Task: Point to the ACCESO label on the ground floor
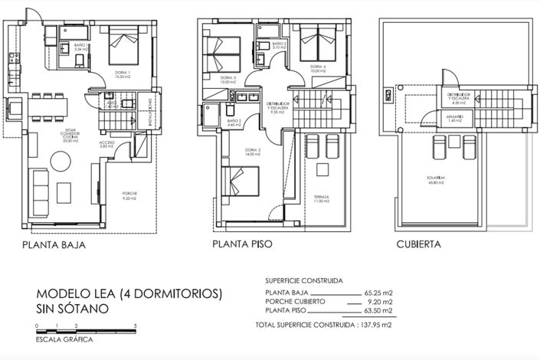(107, 143)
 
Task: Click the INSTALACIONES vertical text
(149, 121)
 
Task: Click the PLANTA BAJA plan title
(53, 246)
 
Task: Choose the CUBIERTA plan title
(418, 245)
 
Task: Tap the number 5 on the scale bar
(136, 325)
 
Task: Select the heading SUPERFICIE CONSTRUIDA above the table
(304, 280)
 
